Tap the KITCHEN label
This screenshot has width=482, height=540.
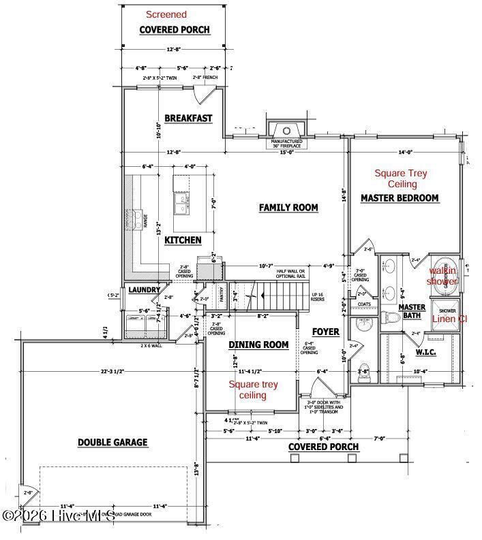pyautogui.click(x=183, y=240)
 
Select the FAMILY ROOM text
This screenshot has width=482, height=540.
pyautogui.click(x=288, y=207)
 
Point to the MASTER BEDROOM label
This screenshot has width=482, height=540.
pyautogui.click(x=400, y=198)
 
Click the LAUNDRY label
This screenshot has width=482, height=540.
pyautogui.click(x=143, y=289)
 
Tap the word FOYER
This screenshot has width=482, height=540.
pyautogui.click(x=326, y=332)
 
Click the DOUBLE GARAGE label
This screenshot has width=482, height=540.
pyautogui.click(x=112, y=442)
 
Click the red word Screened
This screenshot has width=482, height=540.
pyautogui.click(x=166, y=14)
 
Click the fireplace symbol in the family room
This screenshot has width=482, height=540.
pyautogui.click(x=286, y=131)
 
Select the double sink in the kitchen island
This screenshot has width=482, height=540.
pyautogui.click(x=181, y=202)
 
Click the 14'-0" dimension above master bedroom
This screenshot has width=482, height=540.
pyautogui.click(x=406, y=153)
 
